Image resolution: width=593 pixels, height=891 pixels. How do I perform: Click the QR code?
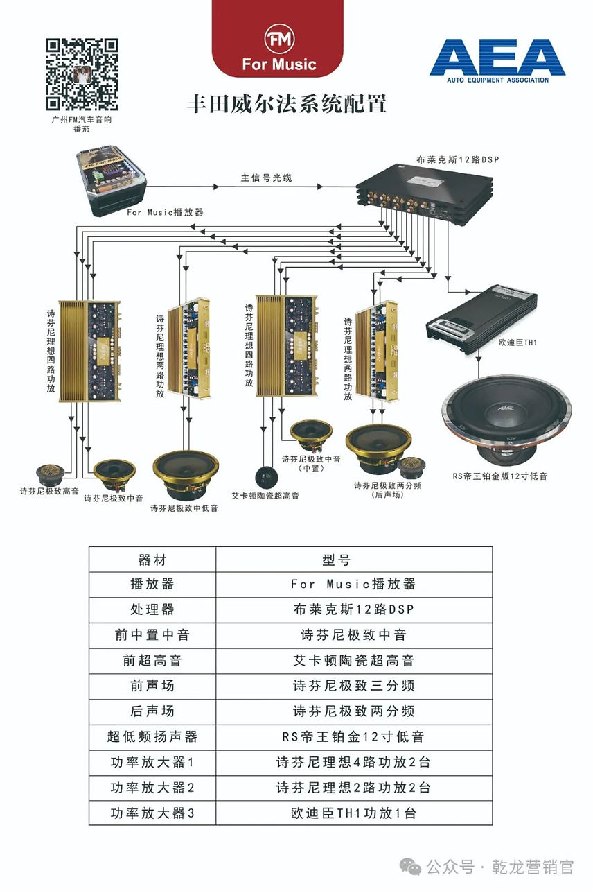click(x=82, y=74)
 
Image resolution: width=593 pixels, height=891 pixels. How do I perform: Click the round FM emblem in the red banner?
click(x=279, y=39)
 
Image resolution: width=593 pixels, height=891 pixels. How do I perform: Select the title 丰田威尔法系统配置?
click(x=286, y=104)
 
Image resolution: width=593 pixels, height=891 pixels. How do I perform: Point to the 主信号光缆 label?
click(x=266, y=178)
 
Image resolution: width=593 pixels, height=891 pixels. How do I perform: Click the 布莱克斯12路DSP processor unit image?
click(x=425, y=189)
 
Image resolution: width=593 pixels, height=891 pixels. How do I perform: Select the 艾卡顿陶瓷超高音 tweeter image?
click(x=267, y=476)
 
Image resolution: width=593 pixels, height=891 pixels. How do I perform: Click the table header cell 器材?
click(x=152, y=559)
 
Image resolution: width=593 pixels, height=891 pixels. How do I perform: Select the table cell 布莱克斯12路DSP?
click(x=353, y=609)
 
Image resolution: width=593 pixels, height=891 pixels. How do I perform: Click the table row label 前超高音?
click(x=152, y=661)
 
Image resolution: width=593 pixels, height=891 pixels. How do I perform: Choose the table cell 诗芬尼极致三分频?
click(x=353, y=686)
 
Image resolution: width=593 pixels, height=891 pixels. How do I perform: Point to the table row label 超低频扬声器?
click(x=152, y=736)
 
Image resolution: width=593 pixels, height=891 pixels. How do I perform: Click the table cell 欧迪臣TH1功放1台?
click(x=353, y=813)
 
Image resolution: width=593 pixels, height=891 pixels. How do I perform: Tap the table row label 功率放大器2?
click(x=152, y=788)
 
